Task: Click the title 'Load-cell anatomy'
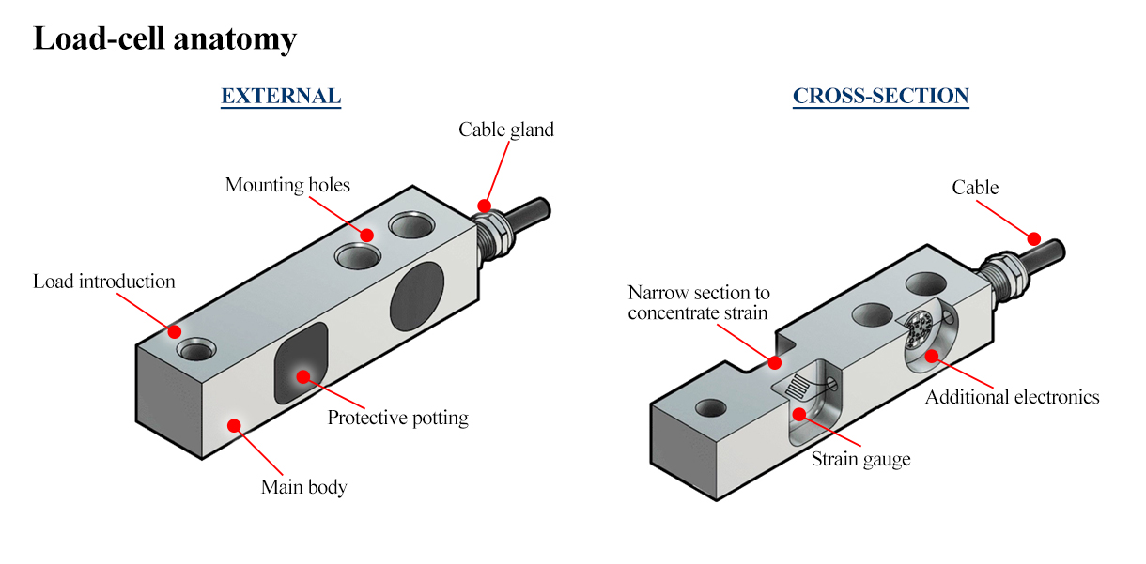[x=164, y=39]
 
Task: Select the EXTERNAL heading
[x=280, y=96]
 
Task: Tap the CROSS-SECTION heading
[x=880, y=96]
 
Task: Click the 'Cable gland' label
[x=505, y=130]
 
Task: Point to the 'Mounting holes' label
[x=287, y=185]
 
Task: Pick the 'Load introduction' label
[x=103, y=282]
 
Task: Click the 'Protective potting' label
[x=397, y=418]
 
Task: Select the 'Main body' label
[x=303, y=487]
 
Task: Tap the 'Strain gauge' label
[x=860, y=459]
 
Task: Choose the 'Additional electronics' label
[x=1012, y=397]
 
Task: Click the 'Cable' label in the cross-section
[x=975, y=188]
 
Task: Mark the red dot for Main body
[x=234, y=425]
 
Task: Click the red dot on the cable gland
[x=485, y=205]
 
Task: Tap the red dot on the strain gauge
[x=798, y=414]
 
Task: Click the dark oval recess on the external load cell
[x=416, y=297]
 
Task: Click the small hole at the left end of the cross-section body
[x=709, y=407]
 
